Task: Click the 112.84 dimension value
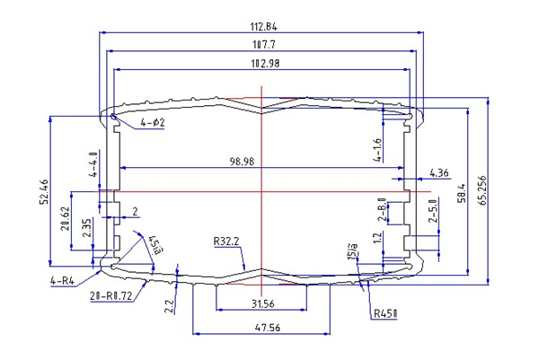pyautogui.click(x=260, y=25)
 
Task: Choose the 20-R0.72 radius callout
pyautogui.click(x=112, y=294)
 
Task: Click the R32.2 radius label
pyautogui.click(x=225, y=241)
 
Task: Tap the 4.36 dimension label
pyautogui.click(x=439, y=171)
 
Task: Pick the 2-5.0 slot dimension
pyautogui.click(x=433, y=212)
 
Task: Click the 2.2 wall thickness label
pyautogui.click(x=169, y=306)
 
